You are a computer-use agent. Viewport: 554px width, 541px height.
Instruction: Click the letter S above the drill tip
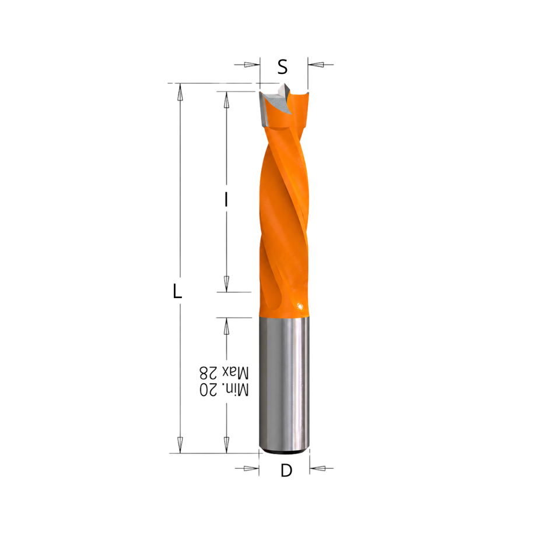coord(282,66)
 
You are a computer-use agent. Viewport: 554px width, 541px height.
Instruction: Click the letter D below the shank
coord(286,470)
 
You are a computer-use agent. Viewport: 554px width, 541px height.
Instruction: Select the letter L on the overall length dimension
coord(177,292)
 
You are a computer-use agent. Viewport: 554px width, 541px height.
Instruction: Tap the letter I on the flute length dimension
coord(226,200)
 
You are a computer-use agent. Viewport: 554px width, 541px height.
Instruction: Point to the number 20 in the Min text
coord(208,390)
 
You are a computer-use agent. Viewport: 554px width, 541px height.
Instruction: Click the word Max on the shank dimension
coord(236,372)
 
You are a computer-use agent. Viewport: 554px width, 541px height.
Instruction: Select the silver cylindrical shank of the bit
coord(285,384)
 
